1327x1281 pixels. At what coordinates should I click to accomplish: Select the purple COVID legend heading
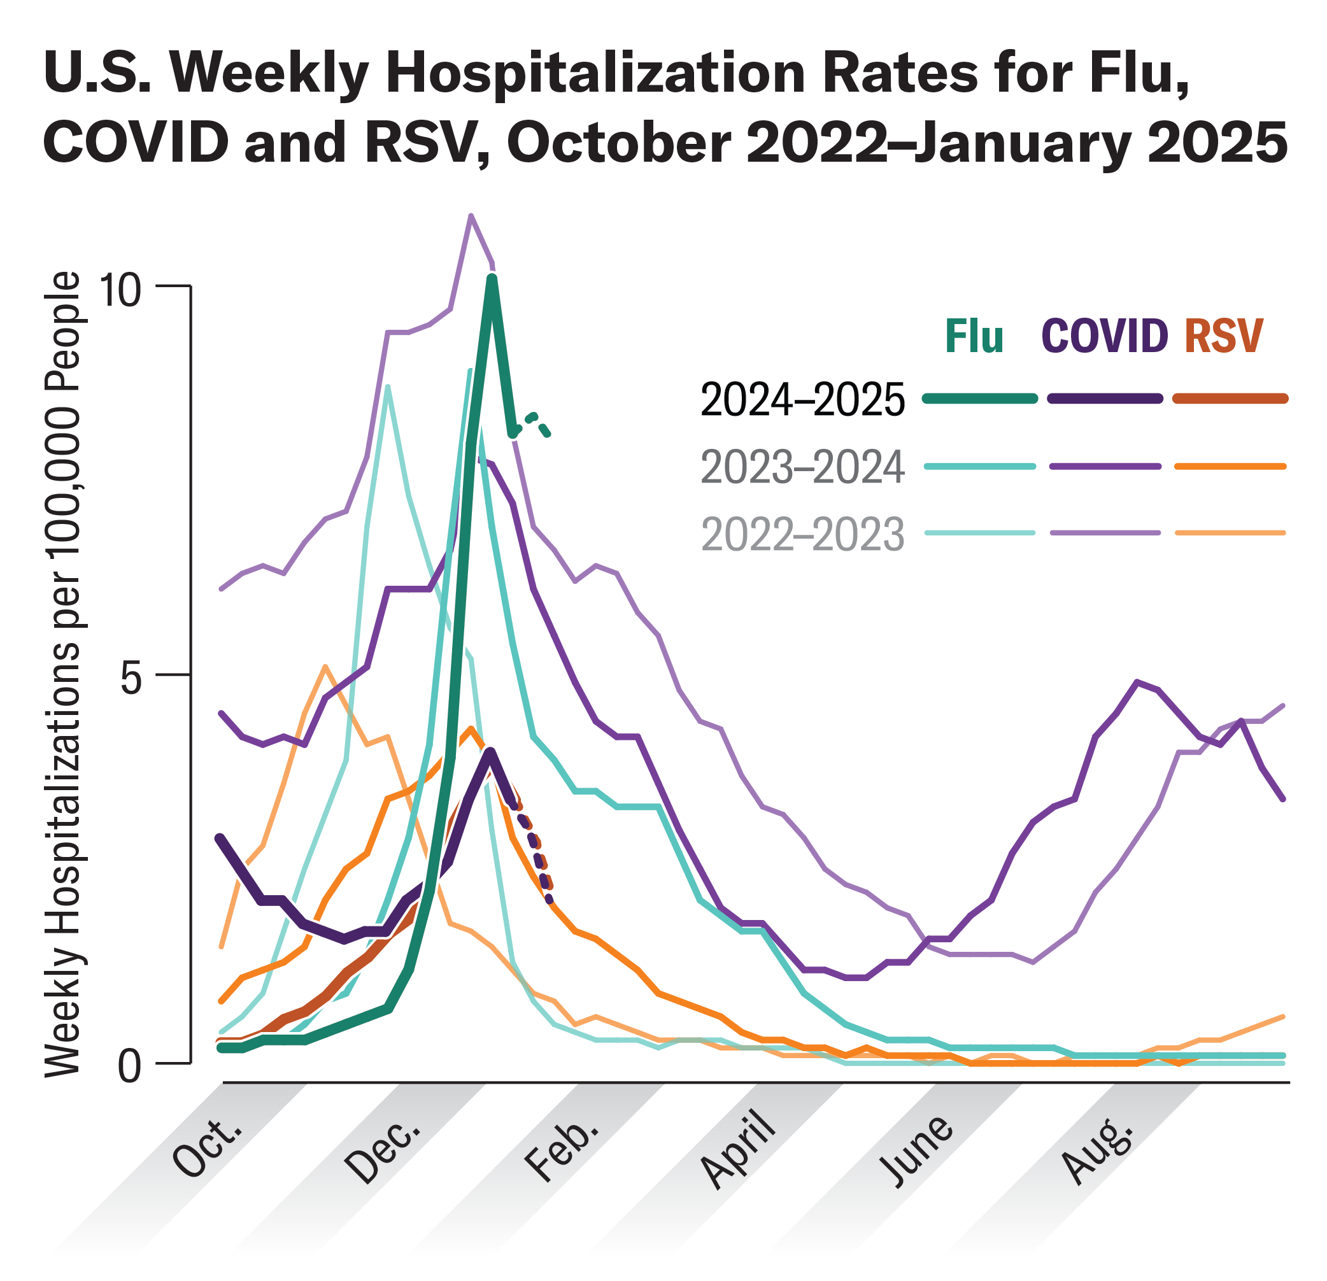point(1105,337)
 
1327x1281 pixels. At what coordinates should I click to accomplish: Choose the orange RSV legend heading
point(1224,337)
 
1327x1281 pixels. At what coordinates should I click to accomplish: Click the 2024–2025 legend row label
point(802,399)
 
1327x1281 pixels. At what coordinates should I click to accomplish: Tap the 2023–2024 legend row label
point(802,467)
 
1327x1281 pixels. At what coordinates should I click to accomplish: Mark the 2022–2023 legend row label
point(802,534)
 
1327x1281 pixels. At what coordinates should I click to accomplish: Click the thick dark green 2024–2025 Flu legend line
point(980,399)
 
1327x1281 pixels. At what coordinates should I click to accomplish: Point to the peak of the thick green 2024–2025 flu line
point(492,278)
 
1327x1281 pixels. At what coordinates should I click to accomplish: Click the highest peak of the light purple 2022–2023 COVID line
point(471,216)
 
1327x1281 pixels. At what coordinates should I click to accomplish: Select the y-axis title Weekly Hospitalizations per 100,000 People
point(62,674)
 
